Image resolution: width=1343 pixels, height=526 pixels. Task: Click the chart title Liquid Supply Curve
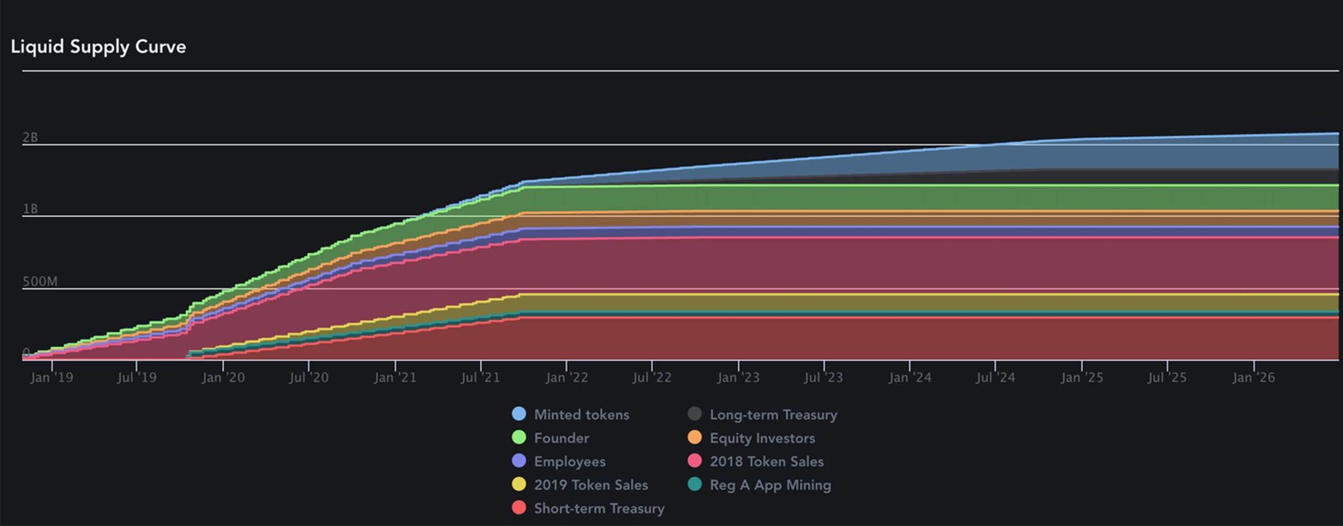(x=99, y=47)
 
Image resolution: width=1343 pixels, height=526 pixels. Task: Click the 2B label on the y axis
(x=30, y=137)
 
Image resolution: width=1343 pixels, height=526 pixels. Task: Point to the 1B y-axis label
(x=30, y=209)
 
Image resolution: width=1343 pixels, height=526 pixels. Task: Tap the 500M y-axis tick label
(x=40, y=281)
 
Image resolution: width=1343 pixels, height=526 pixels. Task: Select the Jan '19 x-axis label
(x=52, y=378)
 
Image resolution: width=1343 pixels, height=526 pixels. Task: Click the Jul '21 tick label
(x=480, y=378)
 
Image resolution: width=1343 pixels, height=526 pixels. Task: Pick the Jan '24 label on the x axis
(x=910, y=378)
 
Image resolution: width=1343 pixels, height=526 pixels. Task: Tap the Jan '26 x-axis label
(x=1253, y=378)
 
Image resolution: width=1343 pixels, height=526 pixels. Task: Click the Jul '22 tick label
(x=652, y=378)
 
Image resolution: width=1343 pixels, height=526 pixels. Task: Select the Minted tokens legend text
(x=581, y=415)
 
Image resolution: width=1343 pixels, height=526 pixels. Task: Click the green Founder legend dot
(x=519, y=438)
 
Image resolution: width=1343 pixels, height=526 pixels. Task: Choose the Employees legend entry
(x=569, y=462)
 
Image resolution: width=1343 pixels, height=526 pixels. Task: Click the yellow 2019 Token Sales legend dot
(x=519, y=485)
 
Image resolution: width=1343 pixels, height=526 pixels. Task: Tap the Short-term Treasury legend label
(x=599, y=509)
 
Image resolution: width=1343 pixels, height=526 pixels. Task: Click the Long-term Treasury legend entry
(x=773, y=415)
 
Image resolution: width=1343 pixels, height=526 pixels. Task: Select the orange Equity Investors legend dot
(x=695, y=438)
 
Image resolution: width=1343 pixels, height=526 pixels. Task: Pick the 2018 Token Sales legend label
(x=766, y=462)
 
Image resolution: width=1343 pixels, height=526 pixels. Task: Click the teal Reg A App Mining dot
(x=695, y=485)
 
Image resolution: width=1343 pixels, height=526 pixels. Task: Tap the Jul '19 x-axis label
(x=136, y=378)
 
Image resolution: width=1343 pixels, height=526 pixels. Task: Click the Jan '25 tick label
(x=1082, y=378)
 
